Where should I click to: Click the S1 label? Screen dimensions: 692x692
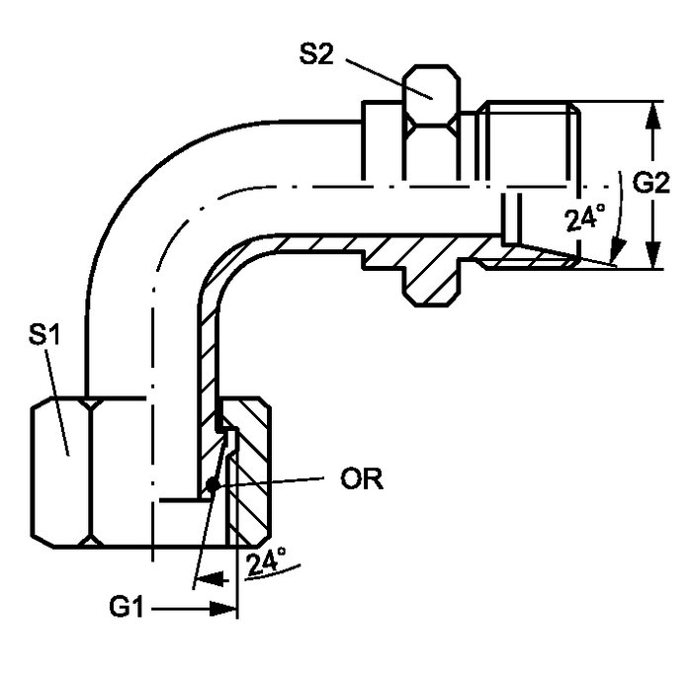tap(44, 337)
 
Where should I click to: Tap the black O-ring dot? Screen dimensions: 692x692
tap(213, 484)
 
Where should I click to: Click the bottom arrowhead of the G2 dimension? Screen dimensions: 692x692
tap(653, 258)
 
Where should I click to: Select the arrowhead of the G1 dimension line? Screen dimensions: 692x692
tap(227, 610)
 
